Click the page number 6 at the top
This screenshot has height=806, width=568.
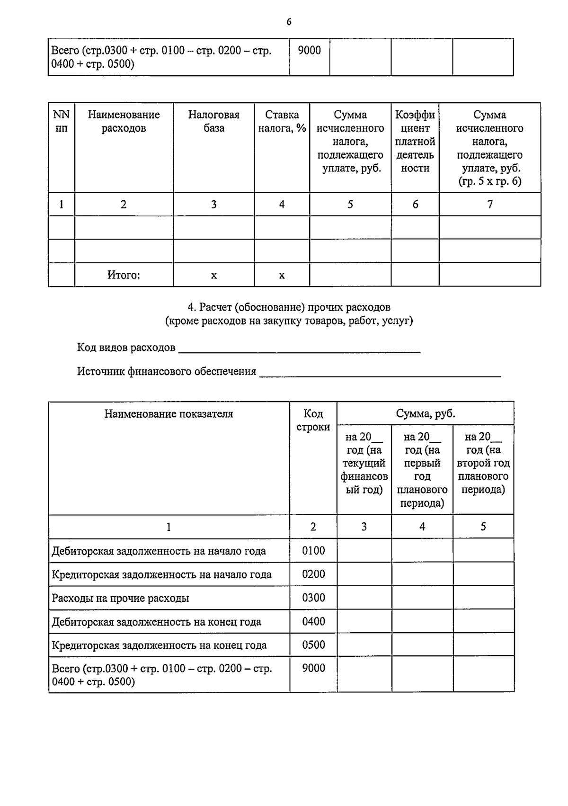coord(289,22)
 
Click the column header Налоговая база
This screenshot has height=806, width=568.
coord(213,121)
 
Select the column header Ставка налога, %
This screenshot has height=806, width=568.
coord(282,121)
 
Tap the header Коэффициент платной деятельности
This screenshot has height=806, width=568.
coord(415,141)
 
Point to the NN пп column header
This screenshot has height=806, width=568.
coord(61,121)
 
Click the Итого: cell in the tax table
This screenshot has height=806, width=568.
coord(124,275)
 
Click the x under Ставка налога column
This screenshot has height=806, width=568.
coord(282,275)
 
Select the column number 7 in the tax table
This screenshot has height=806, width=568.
coord(490,204)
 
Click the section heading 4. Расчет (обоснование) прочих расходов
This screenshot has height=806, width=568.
coord(289,307)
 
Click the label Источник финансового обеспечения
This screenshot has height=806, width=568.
coord(167,371)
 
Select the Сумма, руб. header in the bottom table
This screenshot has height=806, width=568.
coord(425,413)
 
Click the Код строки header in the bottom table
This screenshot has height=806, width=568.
coord(313,420)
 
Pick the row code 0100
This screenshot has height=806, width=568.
coord(313,550)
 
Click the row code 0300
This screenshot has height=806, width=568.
coord(313,598)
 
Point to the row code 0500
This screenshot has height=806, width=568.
coord(313,645)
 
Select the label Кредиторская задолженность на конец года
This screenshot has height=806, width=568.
coord(159,645)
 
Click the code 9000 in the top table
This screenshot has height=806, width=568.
coord(309,50)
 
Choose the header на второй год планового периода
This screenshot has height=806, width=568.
coord(483,463)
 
